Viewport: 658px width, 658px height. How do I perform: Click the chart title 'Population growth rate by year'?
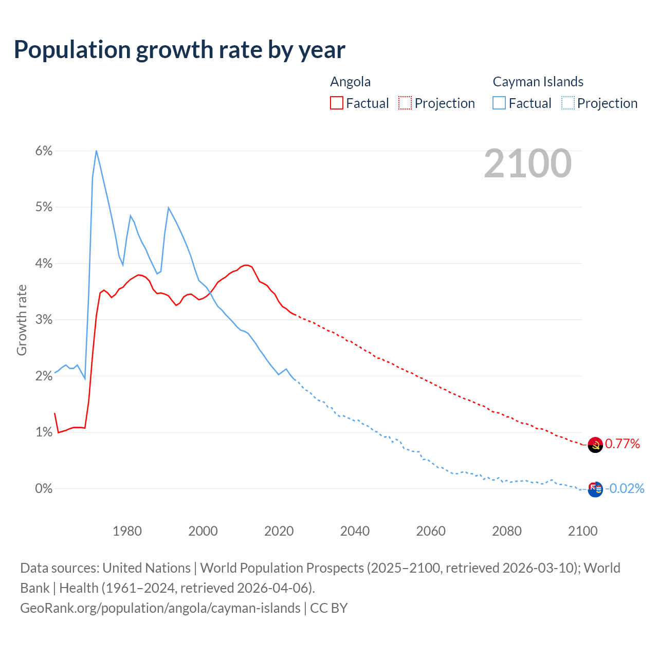[x=179, y=50]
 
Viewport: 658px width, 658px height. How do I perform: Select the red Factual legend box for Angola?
[x=337, y=103]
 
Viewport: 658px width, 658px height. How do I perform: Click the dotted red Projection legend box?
[x=405, y=103]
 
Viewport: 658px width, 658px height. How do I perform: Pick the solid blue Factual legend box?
[x=499, y=103]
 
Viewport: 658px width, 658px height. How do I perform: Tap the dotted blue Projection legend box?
[x=568, y=103]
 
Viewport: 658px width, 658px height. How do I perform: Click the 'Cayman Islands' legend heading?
[x=538, y=82]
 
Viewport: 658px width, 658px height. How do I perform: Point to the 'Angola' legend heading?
[x=350, y=82]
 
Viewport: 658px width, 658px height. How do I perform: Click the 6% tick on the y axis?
[x=44, y=151]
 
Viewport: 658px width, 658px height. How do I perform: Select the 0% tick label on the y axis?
[x=44, y=488]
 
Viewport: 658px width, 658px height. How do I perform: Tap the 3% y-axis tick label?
[x=44, y=320]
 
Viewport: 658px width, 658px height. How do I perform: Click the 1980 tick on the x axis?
[x=127, y=531]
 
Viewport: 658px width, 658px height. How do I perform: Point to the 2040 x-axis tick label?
[x=355, y=531]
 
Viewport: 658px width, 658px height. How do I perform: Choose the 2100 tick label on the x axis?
[x=582, y=531]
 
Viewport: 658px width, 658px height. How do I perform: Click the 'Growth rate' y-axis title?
[x=22, y=320]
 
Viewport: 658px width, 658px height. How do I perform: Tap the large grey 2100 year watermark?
[x=527, y=163]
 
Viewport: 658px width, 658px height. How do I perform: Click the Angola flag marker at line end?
[x=595, y=445]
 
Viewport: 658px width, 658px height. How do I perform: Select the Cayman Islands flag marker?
[x=595, y=489]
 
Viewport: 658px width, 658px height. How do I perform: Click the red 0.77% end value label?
[x=622, y=444]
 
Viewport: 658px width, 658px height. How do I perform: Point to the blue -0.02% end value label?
[x=625, y=488]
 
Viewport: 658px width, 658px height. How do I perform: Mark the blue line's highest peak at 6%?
[x=96, y=151]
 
